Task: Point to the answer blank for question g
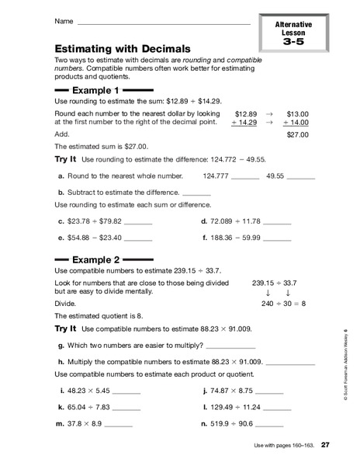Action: point(230,346)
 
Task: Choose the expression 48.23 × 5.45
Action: point(88,391)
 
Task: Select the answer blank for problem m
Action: point(119,424)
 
